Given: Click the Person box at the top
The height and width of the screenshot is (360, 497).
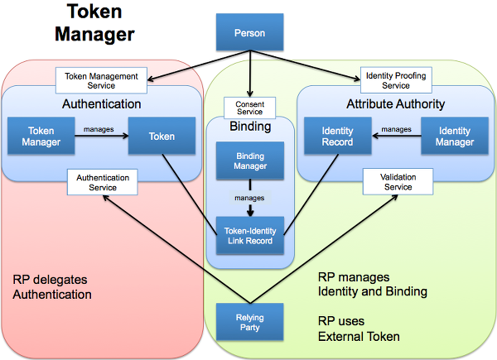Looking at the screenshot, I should click(249, 34).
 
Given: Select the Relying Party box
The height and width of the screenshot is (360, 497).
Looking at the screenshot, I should click(249, 321).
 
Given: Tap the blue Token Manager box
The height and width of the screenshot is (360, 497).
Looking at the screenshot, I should click(41, 137).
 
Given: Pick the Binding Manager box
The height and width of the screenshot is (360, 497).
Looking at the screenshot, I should click(249, 160).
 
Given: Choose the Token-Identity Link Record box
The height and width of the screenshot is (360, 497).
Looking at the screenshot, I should click(249, 235).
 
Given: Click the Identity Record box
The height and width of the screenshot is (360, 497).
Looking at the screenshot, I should click(337, 137).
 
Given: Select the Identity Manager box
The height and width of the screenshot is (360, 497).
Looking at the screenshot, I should click(455, 137).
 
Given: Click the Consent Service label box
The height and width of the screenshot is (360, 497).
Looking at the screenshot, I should click(249, 107).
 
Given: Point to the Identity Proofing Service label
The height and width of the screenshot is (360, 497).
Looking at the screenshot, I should click(395, 79).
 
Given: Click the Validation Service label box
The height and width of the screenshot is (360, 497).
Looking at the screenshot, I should click(397, 182).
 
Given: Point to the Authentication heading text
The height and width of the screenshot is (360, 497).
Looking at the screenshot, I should click(102, 104).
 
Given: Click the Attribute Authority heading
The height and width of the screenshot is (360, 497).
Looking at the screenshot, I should click(395, 104).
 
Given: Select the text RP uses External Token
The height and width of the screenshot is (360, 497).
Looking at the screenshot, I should click(360, 329).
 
